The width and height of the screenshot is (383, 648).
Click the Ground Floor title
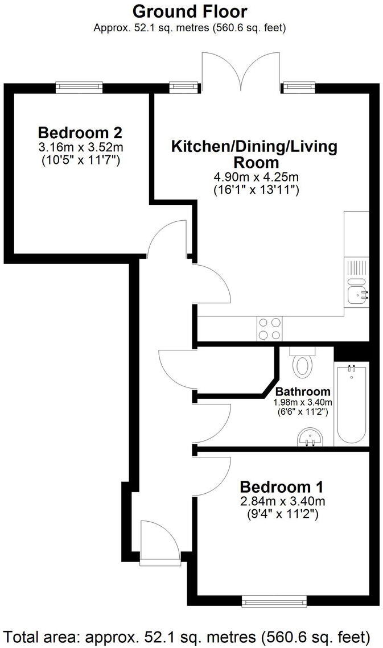[190, 11]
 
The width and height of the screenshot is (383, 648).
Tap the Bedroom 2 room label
[80, 133]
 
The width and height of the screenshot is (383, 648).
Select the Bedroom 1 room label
[281, 487]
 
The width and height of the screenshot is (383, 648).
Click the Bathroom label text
[302, 391]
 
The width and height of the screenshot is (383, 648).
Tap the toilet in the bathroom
[302, 362]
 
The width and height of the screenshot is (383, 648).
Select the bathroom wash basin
[310, 439]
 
